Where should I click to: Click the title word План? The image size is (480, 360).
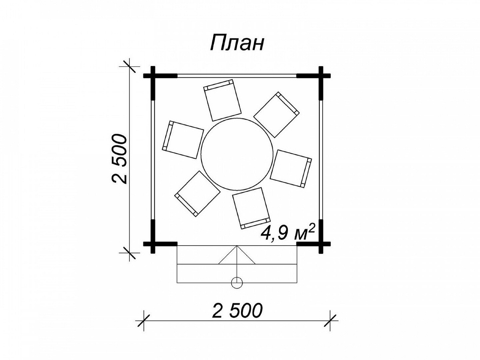tap(237, 43)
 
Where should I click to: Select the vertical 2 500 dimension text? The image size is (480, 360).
tap(119, 159)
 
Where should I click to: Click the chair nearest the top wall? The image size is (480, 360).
tap(222, 100)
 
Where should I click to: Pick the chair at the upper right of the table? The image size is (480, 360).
tap(277, 115)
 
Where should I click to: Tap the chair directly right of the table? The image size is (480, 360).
tap(291, 169)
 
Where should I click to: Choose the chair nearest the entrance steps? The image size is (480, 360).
tap(251, 208)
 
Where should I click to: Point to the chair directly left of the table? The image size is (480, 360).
tap(183, 139)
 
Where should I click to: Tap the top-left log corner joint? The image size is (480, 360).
tap(153, 76)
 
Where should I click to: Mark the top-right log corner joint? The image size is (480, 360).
tap(321, 76)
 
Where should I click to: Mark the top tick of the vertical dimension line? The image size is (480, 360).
tap(130, 66)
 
